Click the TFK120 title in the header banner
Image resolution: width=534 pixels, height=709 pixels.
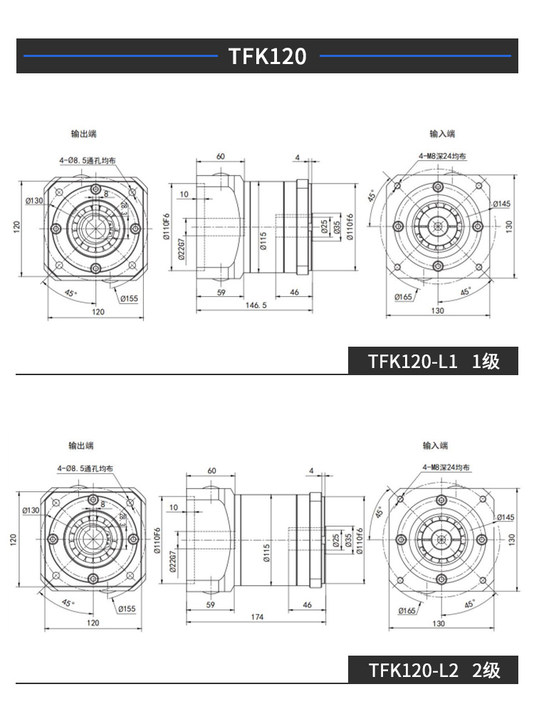(x=267, y=56)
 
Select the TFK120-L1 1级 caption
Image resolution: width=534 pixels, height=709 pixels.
(x=434, y=361)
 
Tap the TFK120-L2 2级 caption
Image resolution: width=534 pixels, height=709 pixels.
(x=434, y=670)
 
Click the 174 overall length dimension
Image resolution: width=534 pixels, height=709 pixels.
(x=256, y=616)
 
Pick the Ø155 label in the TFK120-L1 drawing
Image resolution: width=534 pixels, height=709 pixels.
(x=129, y=298)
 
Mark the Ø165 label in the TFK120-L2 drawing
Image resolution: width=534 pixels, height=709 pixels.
(x=407, y=610)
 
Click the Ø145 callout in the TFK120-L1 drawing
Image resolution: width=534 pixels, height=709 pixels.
(x=501, y=204)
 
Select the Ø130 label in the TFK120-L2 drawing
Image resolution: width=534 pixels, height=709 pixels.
(x=31, y=510)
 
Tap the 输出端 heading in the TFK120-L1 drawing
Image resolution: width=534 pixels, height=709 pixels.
(x=83, y=134)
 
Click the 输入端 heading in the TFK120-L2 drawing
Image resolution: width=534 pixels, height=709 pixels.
(x=435, y=446)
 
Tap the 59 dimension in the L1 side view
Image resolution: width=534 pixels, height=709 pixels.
(x=220, y=293)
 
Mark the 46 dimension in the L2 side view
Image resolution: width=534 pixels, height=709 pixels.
(x=308, y=604)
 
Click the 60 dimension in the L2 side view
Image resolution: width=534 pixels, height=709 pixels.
(x=211, y=471)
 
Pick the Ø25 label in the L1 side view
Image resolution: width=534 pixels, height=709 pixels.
(x=325, y=228)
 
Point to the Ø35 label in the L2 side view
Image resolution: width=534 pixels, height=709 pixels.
(x=348, y=539)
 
